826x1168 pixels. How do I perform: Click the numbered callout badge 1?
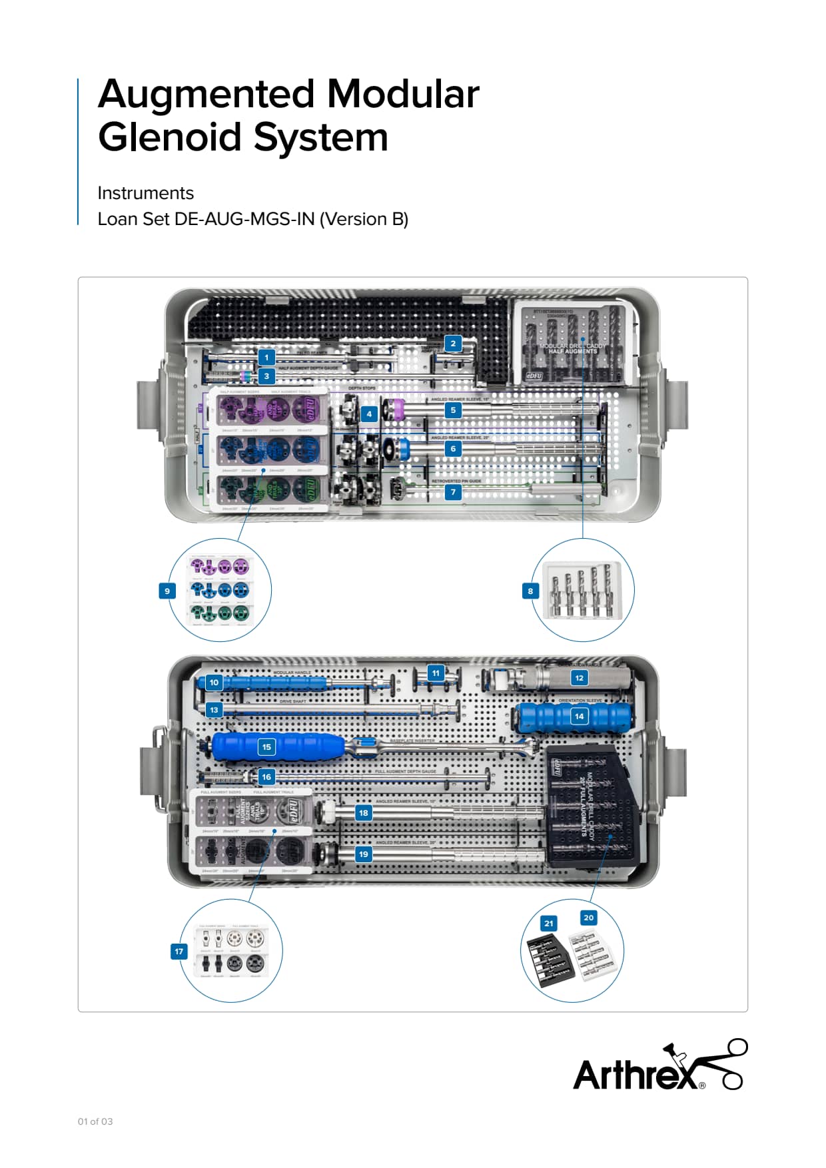266,358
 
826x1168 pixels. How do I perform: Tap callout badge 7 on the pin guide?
453,492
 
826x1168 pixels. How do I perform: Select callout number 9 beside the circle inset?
167,591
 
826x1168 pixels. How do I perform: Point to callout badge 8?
530,591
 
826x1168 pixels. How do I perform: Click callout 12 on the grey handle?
579,678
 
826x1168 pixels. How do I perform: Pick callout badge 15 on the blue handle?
266,747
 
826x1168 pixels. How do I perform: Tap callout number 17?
179,952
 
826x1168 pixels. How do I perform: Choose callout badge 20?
588,918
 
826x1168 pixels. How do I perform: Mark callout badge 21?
548,924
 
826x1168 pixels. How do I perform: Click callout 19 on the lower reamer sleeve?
363,854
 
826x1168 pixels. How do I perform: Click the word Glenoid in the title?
172,137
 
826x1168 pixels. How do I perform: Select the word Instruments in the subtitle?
145,193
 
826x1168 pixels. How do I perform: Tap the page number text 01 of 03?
95,1121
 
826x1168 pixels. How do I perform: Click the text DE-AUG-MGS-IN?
244,219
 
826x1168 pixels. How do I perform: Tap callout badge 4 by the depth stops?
369,414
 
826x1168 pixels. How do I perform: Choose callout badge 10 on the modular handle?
214,683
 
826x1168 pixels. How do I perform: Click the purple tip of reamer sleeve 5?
396,408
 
